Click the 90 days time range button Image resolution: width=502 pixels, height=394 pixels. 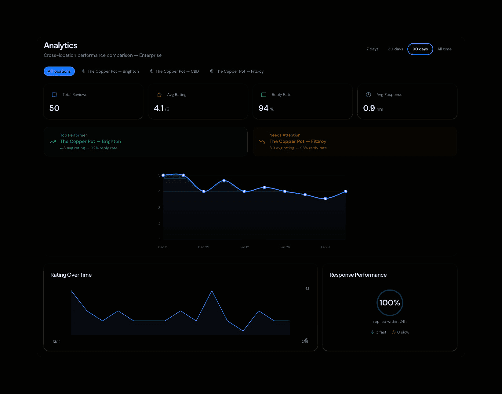[x=420, y=49]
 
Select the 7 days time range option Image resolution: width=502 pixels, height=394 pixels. [x=372, y=49]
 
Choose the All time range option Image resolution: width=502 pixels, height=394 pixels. [x=444, y=49]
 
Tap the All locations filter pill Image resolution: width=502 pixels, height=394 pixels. [x=59, y=71]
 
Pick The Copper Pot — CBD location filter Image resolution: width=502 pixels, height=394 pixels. [x=174, y=71]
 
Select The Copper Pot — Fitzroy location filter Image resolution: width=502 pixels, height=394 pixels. [x=237, y=71]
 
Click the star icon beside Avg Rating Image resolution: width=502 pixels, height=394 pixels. [x=159, y=95]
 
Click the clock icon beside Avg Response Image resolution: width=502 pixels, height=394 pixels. [x=369, y=95]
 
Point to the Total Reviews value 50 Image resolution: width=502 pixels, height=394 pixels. [x=54, y=108]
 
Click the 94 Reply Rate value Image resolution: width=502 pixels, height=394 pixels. [x=264, y=108]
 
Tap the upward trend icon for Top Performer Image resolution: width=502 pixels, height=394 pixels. [x=53, y=142]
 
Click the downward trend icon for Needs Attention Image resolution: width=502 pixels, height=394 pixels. [x=262, y=142]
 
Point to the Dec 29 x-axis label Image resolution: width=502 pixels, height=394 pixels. [x=204, y=247]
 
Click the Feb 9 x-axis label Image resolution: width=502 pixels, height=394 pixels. [x=325, y=247]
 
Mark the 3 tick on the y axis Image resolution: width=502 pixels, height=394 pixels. [x=159, y=208]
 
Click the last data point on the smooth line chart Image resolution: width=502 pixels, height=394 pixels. [x=346, y=192]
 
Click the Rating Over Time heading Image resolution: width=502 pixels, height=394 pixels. [x=71, y=275]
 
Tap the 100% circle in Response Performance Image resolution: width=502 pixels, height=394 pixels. [x=390, y=303]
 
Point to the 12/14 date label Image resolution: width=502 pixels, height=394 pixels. [x=57, y=341]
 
